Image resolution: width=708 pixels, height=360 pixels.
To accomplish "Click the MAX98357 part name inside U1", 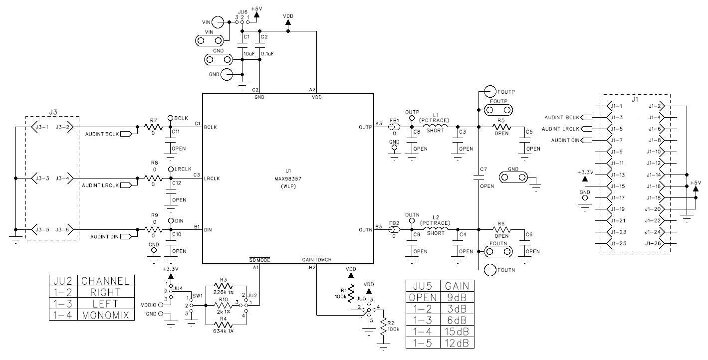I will (288, 178).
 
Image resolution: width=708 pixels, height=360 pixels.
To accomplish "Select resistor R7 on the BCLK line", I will (153, 127).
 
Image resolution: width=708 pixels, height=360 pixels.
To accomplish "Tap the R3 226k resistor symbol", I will (224, 286).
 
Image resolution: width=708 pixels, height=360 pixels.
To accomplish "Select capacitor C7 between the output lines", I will (478, 177).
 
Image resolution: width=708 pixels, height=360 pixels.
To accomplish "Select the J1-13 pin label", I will (617, 175).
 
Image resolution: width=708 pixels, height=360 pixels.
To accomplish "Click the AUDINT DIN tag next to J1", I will (565, 141).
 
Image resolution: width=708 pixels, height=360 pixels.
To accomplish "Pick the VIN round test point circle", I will (218, 22).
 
